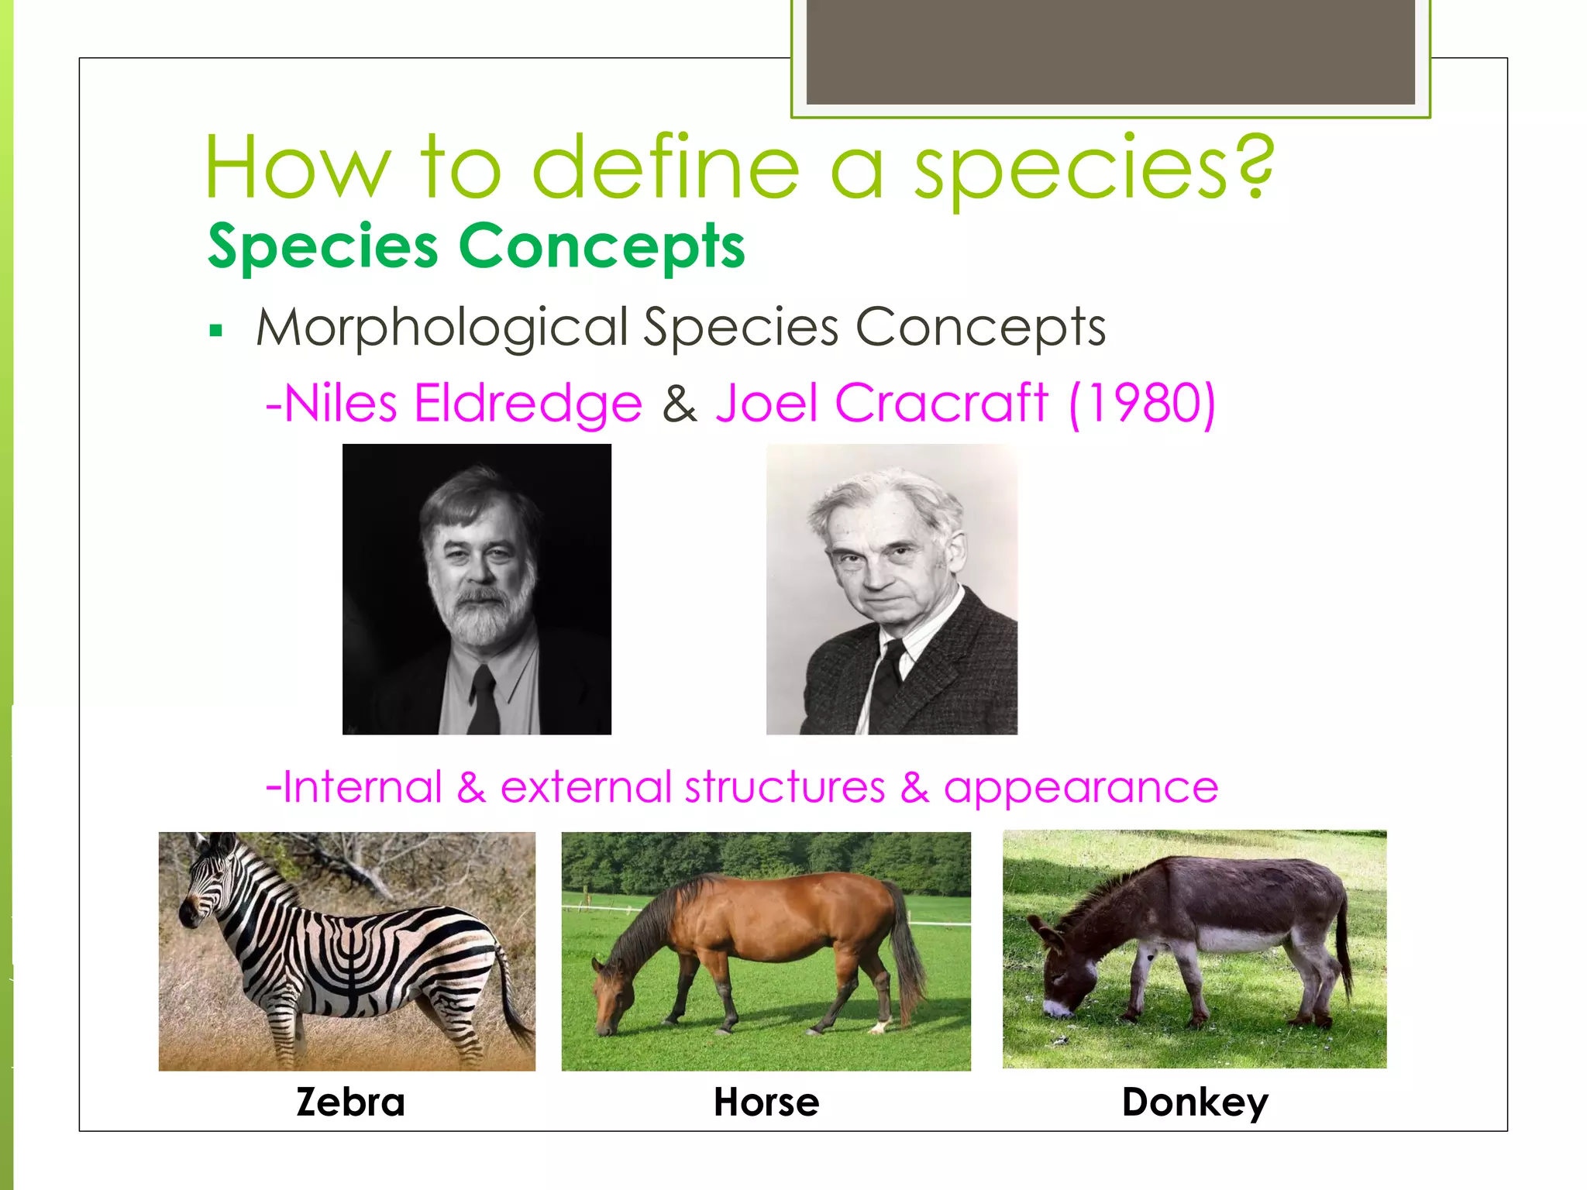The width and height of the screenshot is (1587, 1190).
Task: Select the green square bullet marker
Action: (216, 332)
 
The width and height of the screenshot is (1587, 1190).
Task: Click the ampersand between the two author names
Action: (679, 404)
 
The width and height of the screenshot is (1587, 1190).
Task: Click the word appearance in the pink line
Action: (1080, 787)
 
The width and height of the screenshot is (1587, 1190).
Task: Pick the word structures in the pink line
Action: (784, 787)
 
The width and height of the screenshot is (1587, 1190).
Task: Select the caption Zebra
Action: (350, 1102)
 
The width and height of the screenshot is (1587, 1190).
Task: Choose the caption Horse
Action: (766, 1102)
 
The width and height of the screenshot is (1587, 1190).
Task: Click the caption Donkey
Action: (1194, 1102)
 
